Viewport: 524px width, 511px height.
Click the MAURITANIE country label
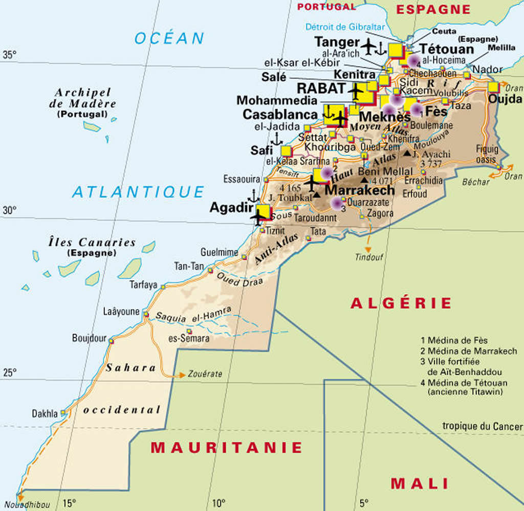point(226,447)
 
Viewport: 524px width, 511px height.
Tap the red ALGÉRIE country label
point(401,303)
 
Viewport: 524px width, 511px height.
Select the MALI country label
point(420,483)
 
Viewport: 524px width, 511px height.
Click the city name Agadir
point(232,208)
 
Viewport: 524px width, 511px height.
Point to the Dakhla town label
point(45,413)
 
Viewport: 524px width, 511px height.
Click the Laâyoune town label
point(121,311)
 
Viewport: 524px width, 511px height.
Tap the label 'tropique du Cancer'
point(482,426)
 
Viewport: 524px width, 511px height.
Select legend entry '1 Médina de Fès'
point(454,340)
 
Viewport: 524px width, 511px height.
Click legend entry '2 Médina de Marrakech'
point(468,352)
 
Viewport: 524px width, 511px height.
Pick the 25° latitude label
point(10,372)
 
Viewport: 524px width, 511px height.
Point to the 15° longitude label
point(69,503)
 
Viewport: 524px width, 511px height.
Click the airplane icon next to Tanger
point(368,46)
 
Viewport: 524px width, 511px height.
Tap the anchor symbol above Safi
point(276,138)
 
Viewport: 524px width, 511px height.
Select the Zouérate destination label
point(205,374)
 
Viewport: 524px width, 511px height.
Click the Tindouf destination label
point(369,257)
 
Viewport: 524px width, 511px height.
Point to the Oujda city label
point(505,99)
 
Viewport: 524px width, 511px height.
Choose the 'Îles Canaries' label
point(92,242)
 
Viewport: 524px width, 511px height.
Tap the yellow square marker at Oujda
point(494,87)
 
